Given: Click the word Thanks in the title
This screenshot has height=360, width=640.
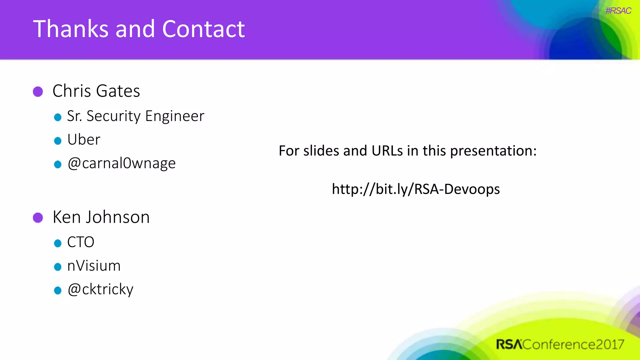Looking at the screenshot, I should [x=71, y=29].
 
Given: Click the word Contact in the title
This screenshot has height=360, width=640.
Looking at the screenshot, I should [x=203, y=29].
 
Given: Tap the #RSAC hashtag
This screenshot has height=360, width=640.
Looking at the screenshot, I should [x=618, y=11].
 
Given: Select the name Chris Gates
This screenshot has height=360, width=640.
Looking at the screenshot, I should [x=96, y=91].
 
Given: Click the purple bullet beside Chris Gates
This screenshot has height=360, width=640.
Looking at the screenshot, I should [x=38, y=92].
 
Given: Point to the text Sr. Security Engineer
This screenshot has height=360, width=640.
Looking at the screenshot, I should [x=136, y=116].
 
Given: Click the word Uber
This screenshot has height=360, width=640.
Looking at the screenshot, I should [x=84, y=140].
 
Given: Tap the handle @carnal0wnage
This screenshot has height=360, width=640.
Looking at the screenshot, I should [x=122, y=163].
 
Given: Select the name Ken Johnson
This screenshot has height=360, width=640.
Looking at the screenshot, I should [x=101, y=217].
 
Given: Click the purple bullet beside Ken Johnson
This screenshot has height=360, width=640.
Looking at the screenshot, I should [x=38, y=218].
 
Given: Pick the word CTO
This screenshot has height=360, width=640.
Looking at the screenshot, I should [x=81, y=242].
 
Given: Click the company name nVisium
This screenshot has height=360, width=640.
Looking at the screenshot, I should [x=94, y=266].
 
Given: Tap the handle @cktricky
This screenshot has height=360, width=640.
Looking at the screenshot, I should [x=100, y=289].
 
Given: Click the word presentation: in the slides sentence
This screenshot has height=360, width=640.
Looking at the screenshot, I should [x=493, y=151].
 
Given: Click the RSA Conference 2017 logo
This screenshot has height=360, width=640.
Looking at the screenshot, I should [x=560, y=344].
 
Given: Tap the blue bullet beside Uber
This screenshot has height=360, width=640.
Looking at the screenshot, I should [x=57, y=141].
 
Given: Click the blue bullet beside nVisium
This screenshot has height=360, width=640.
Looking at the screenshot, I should [x=57, y=267].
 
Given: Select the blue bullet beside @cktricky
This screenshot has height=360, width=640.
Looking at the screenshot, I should [x=57, y=291].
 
